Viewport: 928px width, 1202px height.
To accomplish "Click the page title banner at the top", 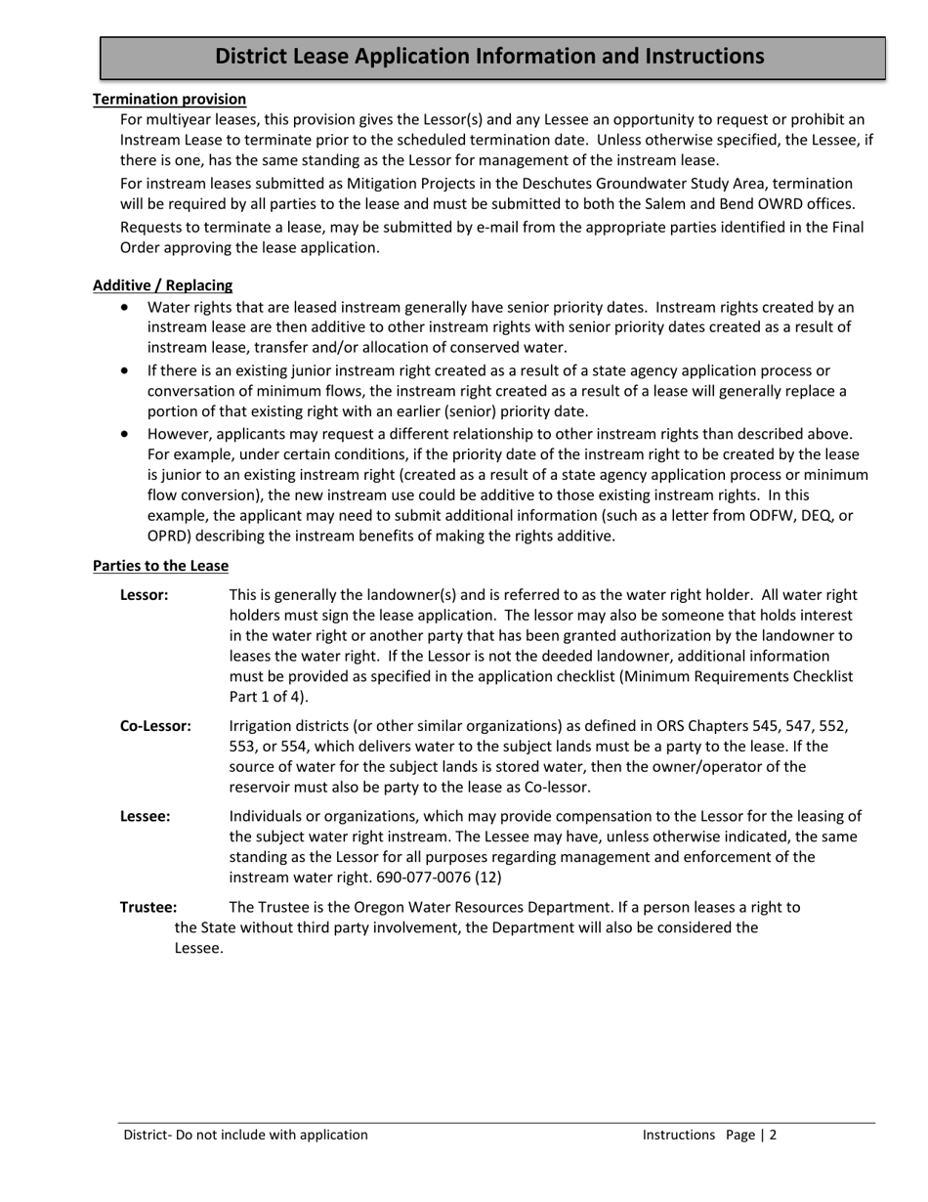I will click(x=490, y=57).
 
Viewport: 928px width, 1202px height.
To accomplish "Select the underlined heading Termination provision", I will click(x=169, y=99).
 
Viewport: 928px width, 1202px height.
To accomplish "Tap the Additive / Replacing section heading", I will click(x=162, y=285).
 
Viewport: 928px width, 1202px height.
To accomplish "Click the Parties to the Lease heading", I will click(x=160, y=566).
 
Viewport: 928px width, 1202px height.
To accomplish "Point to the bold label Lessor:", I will click(x=144, y=594).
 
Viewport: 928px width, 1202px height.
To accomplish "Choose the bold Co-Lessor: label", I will click(x=155, y=726).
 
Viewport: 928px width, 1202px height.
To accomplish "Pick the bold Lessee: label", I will click(x=145, y=816).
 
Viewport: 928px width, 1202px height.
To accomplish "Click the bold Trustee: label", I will click(x=148, y=907).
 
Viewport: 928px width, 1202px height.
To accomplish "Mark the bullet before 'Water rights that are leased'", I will click(x=124, y=307).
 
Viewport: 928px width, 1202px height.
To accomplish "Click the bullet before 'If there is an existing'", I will click(x=124, y=370).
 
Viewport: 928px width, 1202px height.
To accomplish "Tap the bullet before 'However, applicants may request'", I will click(x=124, y=433).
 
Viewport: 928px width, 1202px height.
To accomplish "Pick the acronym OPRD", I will click(x=168, y=537).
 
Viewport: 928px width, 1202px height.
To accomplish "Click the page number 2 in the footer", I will click(x=772, y=1135).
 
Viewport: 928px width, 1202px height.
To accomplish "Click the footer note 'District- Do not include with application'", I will click(x=245, y=1135).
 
